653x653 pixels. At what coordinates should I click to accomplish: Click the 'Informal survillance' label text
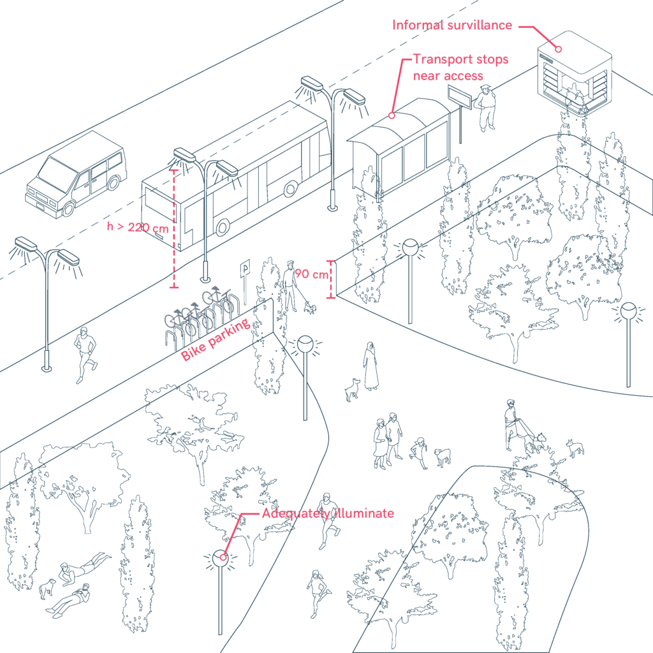click(452, 26)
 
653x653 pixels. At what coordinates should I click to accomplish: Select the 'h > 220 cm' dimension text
click(138, 227)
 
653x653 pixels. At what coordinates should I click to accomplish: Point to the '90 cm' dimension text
click(311, 275)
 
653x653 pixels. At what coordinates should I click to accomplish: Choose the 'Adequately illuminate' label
click(328, 514)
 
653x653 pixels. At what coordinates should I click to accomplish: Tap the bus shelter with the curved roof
click(400, 150)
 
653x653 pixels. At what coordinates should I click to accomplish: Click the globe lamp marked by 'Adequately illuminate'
click(221, 559)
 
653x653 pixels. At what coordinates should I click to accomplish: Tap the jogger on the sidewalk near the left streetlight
click(85, 355)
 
